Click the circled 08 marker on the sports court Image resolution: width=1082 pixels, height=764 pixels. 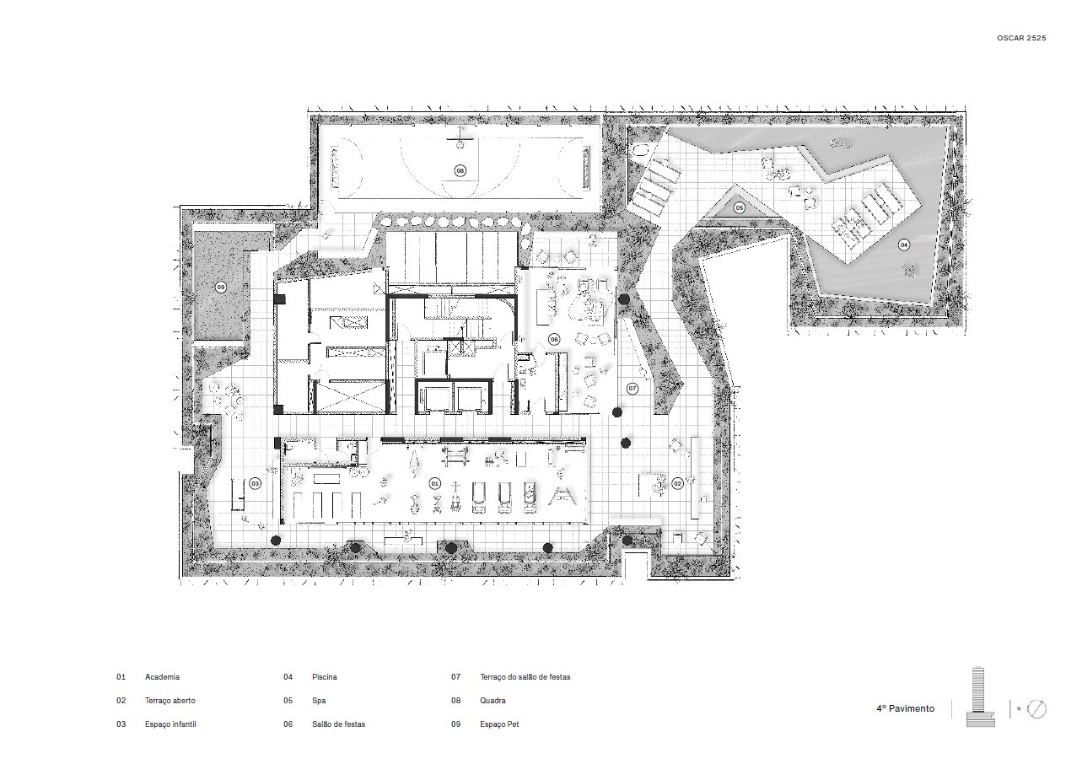click(460, 170)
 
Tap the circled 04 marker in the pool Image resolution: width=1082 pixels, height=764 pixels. click(903, 245)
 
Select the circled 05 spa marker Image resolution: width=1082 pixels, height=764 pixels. click(740, 208)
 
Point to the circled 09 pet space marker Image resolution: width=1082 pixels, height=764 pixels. click(221, 288)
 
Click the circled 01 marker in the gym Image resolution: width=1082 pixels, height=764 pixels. click(434, 483)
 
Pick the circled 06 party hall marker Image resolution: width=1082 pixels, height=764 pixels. click(554, 340)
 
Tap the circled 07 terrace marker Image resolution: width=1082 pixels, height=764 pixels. click(632, 388)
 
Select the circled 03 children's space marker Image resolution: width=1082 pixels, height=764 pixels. click(255, 483)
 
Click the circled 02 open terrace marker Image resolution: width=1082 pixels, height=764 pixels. click(677, 483)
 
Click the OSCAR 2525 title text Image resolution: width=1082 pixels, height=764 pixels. click(1021, 38)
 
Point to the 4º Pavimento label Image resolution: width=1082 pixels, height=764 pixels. click(905, 708)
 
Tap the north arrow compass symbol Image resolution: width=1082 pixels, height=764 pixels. click(1036, 709)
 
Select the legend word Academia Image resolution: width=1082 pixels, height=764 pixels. click(162, 677)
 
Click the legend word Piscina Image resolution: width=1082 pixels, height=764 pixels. click(325, 677)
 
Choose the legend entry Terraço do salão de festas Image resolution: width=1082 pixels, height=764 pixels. click(525, 677)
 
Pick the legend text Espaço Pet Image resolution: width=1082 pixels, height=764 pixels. click(499, 724)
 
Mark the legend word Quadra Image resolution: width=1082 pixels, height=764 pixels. click(493, 701)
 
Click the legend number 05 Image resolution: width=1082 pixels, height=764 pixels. click(288, 701)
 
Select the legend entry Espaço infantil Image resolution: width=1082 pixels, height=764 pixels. click(170, 724)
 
